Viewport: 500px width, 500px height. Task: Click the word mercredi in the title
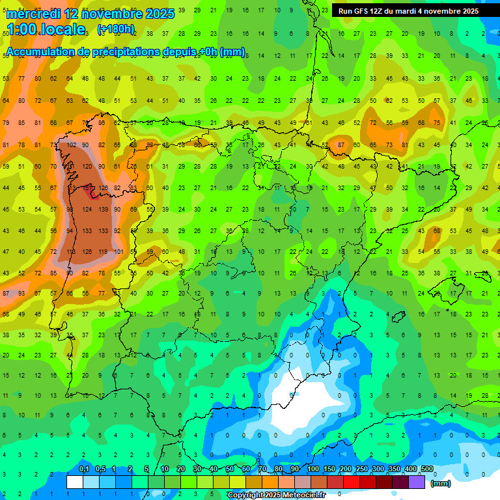pyautogui.click(x=32, y=14)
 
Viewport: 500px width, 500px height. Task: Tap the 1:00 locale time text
pyautogui.click(x=46, y=29)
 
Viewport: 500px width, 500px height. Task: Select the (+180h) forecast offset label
pyautogui.click(x=116, y=29)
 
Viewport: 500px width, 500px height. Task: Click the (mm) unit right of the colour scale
pyautogui.click(x=441, y=483)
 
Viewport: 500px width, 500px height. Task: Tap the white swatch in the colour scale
pyautogui.click(x=75, y=482)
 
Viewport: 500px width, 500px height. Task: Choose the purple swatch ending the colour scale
pyautogui.click(x=417, y=482)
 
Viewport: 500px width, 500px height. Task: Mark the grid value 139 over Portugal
pyautogui.click(x=103, y=210)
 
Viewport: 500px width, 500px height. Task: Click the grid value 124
pyautogui.click(x=87, y=210)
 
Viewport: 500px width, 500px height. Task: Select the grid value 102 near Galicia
pyautogui.click(x=70, y=145)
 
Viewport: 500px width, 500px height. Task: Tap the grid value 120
pyautogui.click(x=87, y=167)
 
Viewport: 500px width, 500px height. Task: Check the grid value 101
pyautogui.click(x=118, y=252)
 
